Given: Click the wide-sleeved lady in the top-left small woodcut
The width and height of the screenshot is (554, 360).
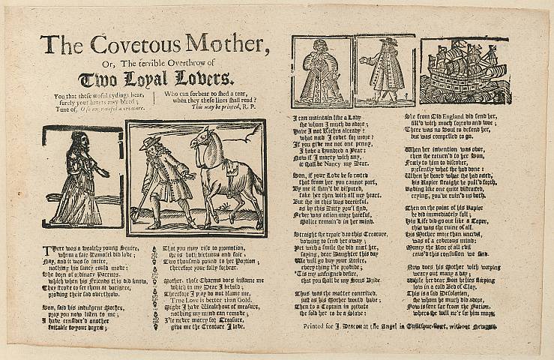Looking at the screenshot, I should click(x=320, y=71).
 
